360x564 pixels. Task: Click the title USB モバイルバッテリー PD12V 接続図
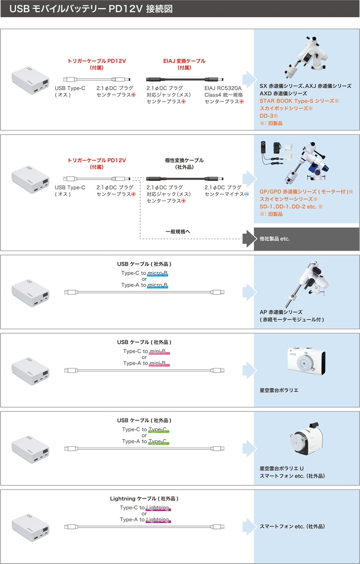pos(94,8)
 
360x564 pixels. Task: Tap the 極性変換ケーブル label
pos(184,160)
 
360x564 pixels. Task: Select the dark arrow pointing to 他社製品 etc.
pos(247,239)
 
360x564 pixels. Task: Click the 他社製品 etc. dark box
pos(306,239)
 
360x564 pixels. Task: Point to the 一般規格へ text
pos(178,231)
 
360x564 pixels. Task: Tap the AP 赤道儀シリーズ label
pos(281,312)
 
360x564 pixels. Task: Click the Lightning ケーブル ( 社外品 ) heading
pos(144,499)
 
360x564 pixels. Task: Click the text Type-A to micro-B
pos(144,285)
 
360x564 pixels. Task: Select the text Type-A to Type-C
pos(145,441)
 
